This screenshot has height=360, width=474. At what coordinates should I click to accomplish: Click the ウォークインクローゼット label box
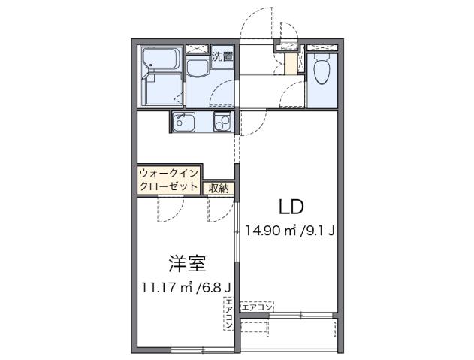(x=169, y=180)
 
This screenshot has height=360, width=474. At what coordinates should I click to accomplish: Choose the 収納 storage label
(x=219, y=188)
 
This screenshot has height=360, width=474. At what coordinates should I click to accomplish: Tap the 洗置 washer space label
(x=222, y=56)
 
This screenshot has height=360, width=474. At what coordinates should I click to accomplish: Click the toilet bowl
(x=322, y=72)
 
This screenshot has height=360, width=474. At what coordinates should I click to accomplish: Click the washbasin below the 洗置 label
(x=198, y=70)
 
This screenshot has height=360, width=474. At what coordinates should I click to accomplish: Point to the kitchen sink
(x=184, y=122)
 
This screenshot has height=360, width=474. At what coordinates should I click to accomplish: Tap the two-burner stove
(x=222, y=123)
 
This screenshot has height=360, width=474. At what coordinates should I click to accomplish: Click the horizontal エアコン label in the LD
(x=257, y=307)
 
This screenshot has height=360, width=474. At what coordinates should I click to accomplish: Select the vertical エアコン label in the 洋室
(x=227, y=314)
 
